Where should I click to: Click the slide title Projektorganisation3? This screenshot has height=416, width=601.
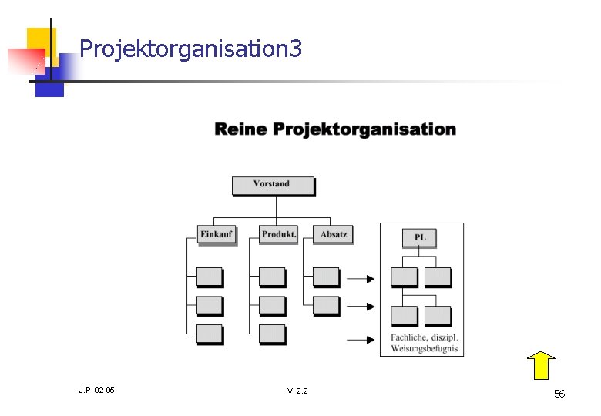[190, 50]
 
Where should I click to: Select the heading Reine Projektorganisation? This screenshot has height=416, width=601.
[335, 129]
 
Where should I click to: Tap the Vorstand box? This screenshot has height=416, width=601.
[273, 185]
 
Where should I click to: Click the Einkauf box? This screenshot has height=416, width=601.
[216, 234]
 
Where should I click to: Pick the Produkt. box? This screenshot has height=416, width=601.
[278, 234]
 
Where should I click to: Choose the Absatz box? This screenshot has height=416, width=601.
[333, 234]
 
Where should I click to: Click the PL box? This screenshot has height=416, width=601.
[420, 237]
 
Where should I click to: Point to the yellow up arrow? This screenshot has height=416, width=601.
[542, 364]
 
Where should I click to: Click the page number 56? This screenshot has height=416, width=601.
[559, 394]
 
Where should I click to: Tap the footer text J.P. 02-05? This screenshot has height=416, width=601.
[96, 391]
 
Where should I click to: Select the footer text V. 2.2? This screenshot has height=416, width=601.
[297, 391]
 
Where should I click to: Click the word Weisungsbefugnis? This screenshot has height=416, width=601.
[424, 349]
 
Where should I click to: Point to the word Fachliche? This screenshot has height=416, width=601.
[410, 337]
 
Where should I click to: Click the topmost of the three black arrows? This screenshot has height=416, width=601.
[360, 279]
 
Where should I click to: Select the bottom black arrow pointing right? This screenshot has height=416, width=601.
[360, 338]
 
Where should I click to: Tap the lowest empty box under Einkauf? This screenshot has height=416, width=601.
[210, 334]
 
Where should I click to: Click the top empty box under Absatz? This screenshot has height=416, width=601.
[326, 277]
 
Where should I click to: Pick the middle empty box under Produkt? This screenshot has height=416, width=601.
[272, 305]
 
